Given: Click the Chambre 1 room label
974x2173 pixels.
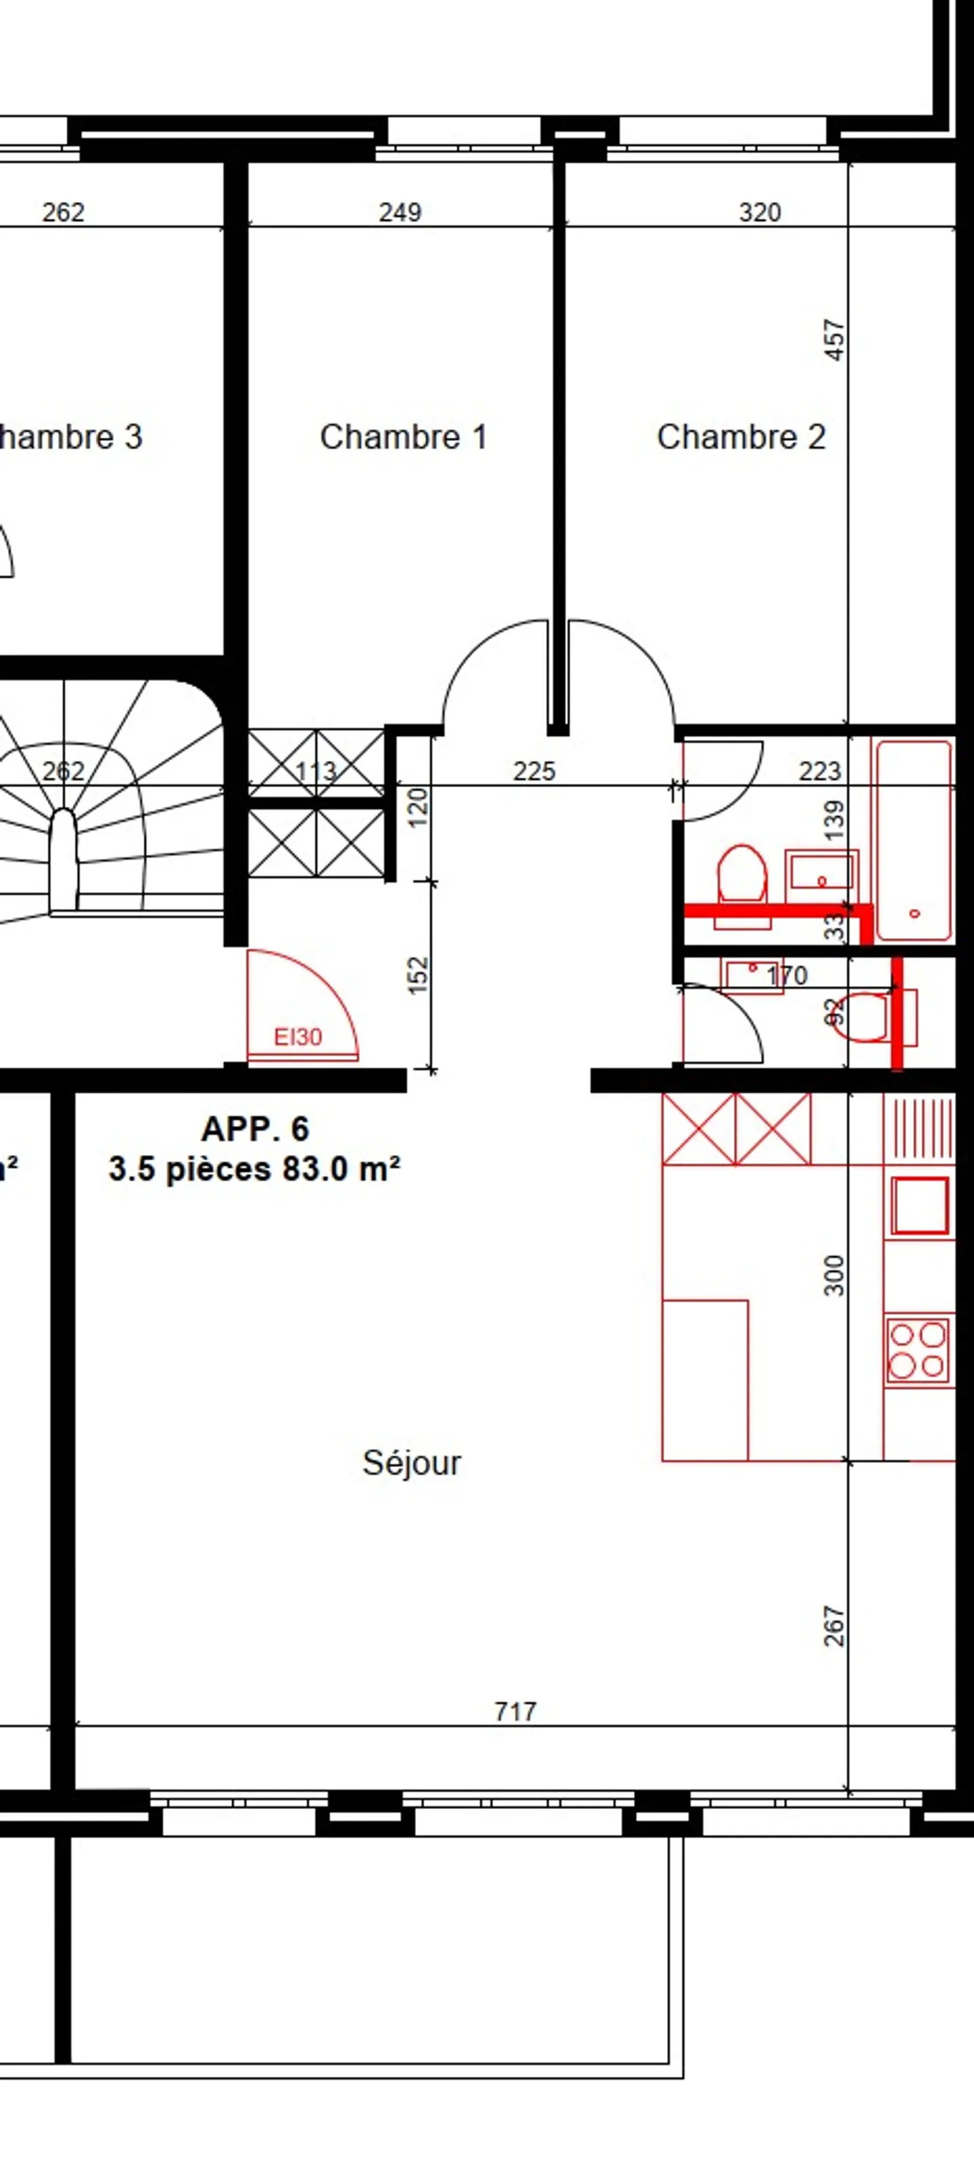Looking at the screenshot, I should pos(403,437).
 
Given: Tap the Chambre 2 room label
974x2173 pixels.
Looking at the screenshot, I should pos(741,437).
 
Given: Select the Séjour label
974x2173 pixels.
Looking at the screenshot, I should pos(411,1463).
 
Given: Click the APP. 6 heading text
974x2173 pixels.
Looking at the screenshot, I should pos(255,1129).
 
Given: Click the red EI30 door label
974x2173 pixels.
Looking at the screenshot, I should pos(298,1037).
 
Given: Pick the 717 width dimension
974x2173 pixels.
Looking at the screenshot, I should pos(515,1710).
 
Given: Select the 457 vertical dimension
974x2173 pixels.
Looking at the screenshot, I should pos(834,340).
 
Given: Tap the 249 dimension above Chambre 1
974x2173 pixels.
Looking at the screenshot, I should pos(400,212).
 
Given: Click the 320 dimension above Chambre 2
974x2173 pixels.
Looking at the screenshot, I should pos(760,212).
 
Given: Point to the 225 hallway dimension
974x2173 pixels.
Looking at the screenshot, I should pos(534,771).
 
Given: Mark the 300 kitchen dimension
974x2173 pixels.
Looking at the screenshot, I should pos(834,1276).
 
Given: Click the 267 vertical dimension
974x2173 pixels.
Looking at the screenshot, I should pos(834,1627).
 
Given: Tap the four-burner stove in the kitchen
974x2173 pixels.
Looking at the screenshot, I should pos(917,1350).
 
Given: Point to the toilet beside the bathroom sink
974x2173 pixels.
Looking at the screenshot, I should pos(742,877).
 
